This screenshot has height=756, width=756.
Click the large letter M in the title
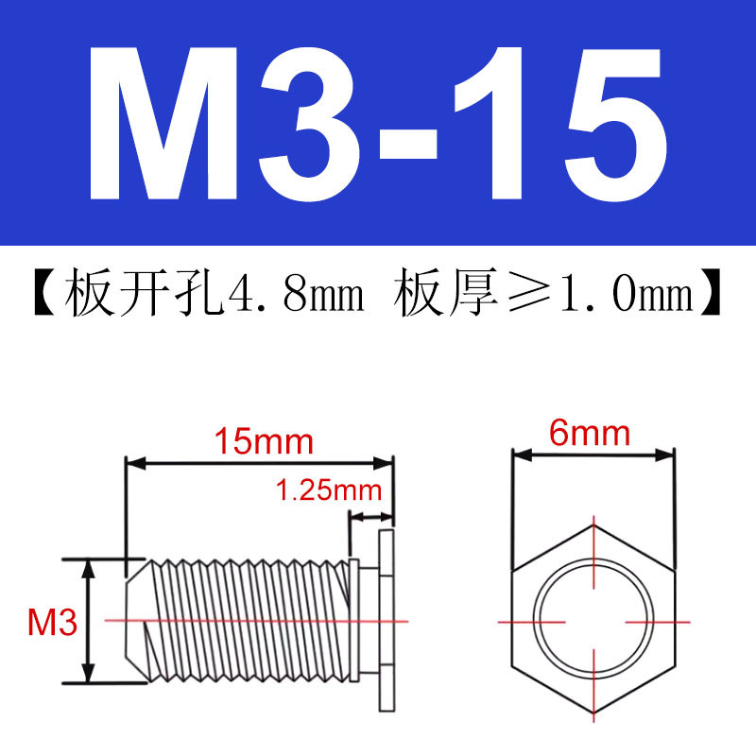click(x=163, y=124)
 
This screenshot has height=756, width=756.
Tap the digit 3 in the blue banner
click(x=310, y=124)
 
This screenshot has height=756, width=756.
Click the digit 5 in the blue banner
click(x=616, y=125)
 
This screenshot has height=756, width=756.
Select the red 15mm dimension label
click(x=264, y=441)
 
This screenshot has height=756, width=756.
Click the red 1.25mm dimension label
click(x=329, y=490)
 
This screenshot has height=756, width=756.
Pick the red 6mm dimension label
click(x=589, y=433)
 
